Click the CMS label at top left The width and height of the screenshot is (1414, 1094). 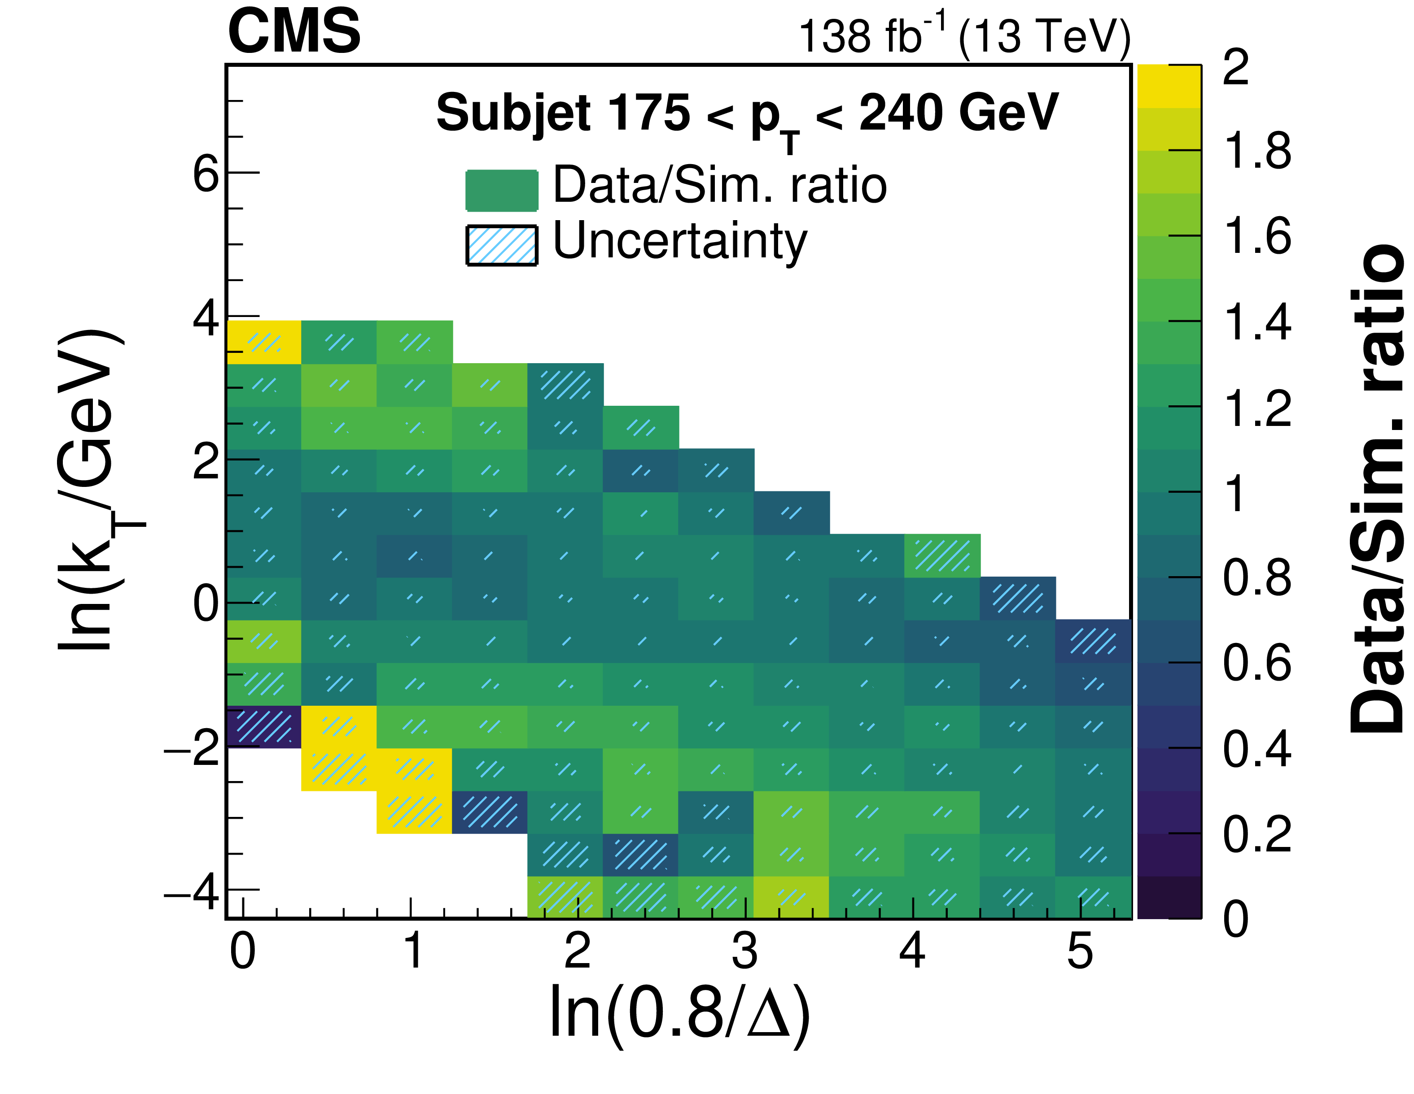(x=294, y=32)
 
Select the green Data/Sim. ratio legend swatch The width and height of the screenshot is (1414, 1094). (x=502, y=190)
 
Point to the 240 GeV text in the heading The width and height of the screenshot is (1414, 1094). (x=958, y=113)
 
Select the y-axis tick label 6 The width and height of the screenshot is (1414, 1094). (x=206, y=174)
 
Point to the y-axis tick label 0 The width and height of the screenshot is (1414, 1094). (x=206, y=605)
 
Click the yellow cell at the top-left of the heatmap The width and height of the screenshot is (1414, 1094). (x=263, y=342)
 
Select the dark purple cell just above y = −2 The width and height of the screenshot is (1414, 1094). (x=263, y=726)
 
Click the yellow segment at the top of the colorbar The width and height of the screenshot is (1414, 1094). (x=1169, y=86)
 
